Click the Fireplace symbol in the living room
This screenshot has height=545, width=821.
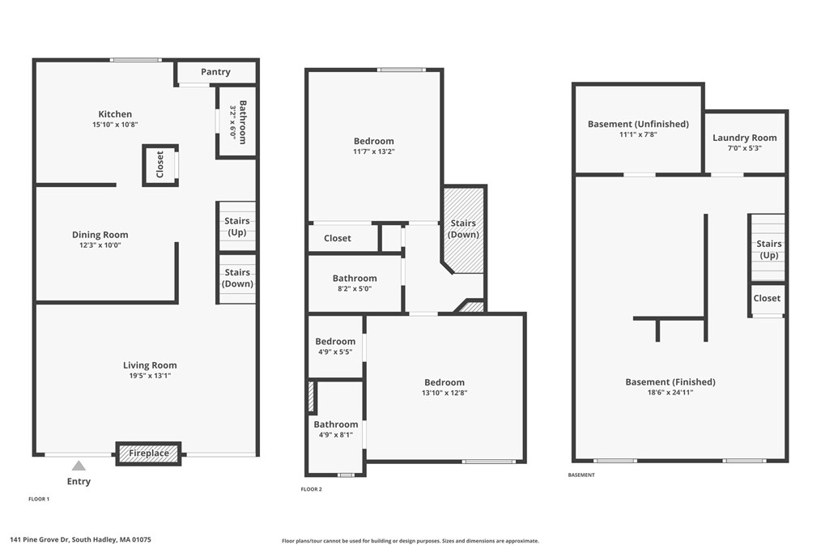click(149, 453)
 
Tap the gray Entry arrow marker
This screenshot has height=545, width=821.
click(79, 466)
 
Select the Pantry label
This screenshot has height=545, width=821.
click(215, 72)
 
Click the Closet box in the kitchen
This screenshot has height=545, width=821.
click(160, 164)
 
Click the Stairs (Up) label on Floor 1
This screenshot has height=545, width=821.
click(237, 227)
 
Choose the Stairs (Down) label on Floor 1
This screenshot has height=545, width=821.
click(237, 278)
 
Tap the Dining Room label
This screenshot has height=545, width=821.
click(100, 235)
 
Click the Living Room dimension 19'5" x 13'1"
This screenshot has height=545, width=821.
click(150, 376)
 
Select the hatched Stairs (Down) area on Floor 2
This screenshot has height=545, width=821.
click(463, 229)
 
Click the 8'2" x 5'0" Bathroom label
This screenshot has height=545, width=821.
click(355, 279)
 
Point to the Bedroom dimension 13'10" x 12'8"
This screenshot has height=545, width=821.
click(445, 393)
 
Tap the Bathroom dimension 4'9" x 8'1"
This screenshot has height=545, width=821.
click(335, 435)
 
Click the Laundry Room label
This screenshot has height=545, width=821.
click(744, 138)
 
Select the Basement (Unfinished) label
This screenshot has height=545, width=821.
click(638, 124)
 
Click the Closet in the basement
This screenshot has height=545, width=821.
click(767, 298)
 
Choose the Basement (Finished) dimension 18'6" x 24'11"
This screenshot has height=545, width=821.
click(670, 393)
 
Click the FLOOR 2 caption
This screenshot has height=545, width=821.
click(312, 489)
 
